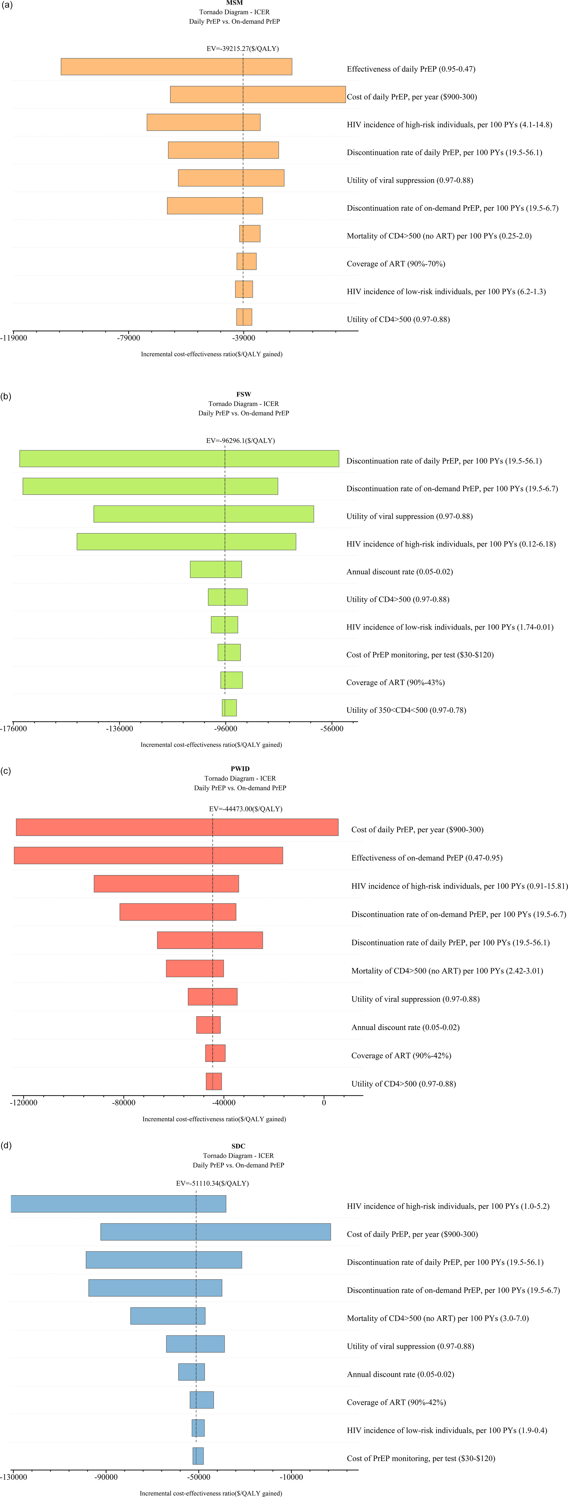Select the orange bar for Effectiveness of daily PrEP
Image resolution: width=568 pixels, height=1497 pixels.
[176, 67]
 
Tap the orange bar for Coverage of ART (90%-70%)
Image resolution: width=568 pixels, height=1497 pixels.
[247, 262]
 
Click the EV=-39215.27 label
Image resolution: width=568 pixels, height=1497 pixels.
[242, 49]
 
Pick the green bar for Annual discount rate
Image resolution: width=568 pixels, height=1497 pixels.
[216, 570]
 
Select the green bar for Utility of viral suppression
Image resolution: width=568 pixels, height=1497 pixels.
[204, 514]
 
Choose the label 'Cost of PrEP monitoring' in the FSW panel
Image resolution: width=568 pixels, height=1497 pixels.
[420, 655]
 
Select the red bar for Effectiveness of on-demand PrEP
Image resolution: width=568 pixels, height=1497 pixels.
[148, 855]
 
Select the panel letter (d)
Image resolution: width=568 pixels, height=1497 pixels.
[6, 1146]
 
